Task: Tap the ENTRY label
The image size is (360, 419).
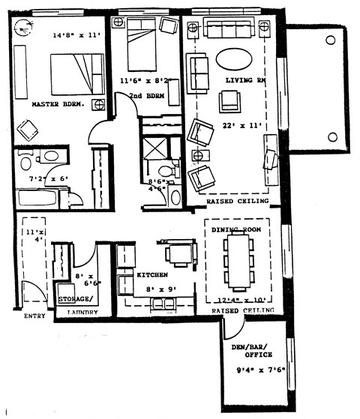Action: pyautogui.click(x=34, y=316)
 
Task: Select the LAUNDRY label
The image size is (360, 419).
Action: pyautogui.click(x=82, y=312)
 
